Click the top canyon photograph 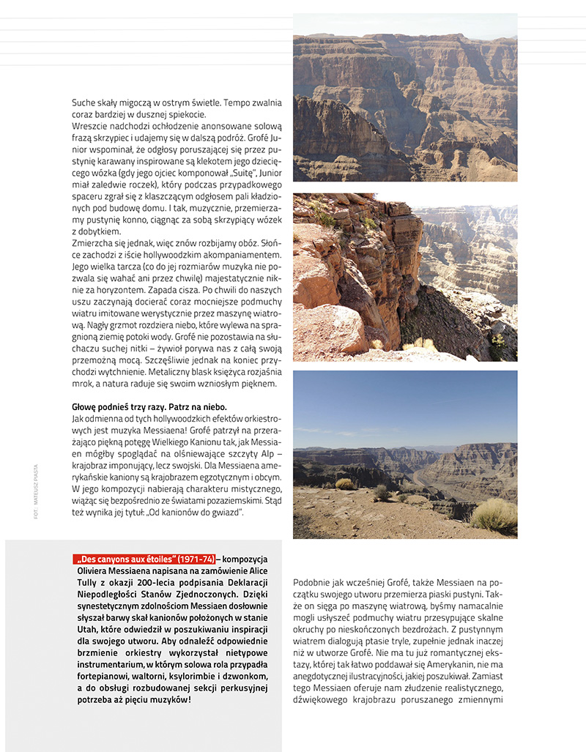(405, 97)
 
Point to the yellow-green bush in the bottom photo (494, 515)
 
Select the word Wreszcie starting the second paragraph (92, 125)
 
